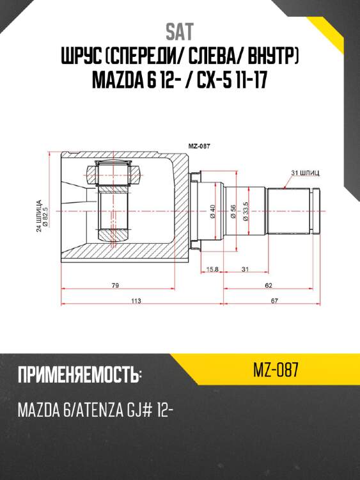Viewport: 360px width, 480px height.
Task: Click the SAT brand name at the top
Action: pyautogui.click(x=180, y=31)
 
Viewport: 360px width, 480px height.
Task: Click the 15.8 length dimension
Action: pyautogui.click(x=213, y=269)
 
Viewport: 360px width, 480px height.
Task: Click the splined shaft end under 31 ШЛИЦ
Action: pyautogui.click(x=292, y=209)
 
